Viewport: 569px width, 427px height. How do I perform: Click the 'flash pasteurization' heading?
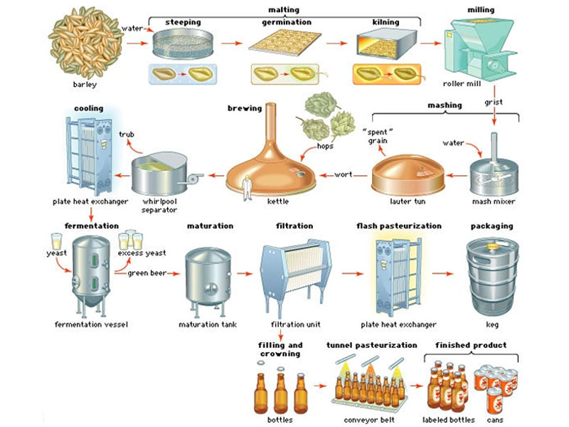[x=398, y=226]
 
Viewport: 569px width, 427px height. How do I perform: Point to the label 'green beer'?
[x=147, y=272]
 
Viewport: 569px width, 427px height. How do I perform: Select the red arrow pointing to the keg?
[x=444, y=273]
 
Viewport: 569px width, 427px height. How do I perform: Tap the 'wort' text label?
[x=343, y=174]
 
